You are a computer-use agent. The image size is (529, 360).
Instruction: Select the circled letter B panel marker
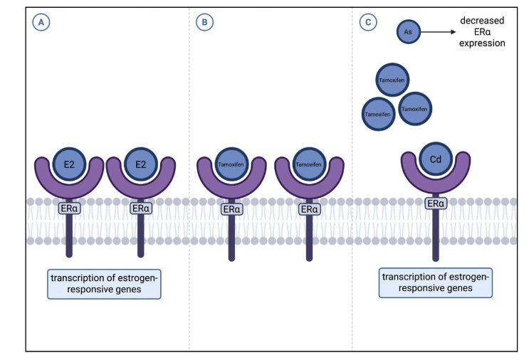tap(204, 23)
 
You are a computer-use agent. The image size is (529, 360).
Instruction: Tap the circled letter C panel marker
tap(368, 23)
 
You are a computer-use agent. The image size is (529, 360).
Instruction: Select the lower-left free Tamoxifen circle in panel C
tap(379, 114)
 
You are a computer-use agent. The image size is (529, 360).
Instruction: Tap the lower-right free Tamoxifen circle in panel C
tap(415, 109)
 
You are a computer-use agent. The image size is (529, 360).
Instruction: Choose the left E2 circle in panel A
tap(69, 164)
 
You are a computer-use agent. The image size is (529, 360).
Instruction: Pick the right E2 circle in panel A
tap(140, 164)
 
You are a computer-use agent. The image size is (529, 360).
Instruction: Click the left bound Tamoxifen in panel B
tap(231, 164)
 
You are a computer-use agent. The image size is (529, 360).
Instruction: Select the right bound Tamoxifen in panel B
tap(308, 164)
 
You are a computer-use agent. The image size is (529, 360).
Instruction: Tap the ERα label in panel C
tap(436, 203)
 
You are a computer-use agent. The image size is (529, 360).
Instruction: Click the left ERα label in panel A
tap(69, 208)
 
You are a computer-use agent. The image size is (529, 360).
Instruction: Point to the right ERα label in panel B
tap(308, 209)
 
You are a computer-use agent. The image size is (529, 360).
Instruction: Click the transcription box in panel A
tap(105, 284)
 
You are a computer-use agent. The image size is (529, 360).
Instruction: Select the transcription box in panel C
tap(436, 283)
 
